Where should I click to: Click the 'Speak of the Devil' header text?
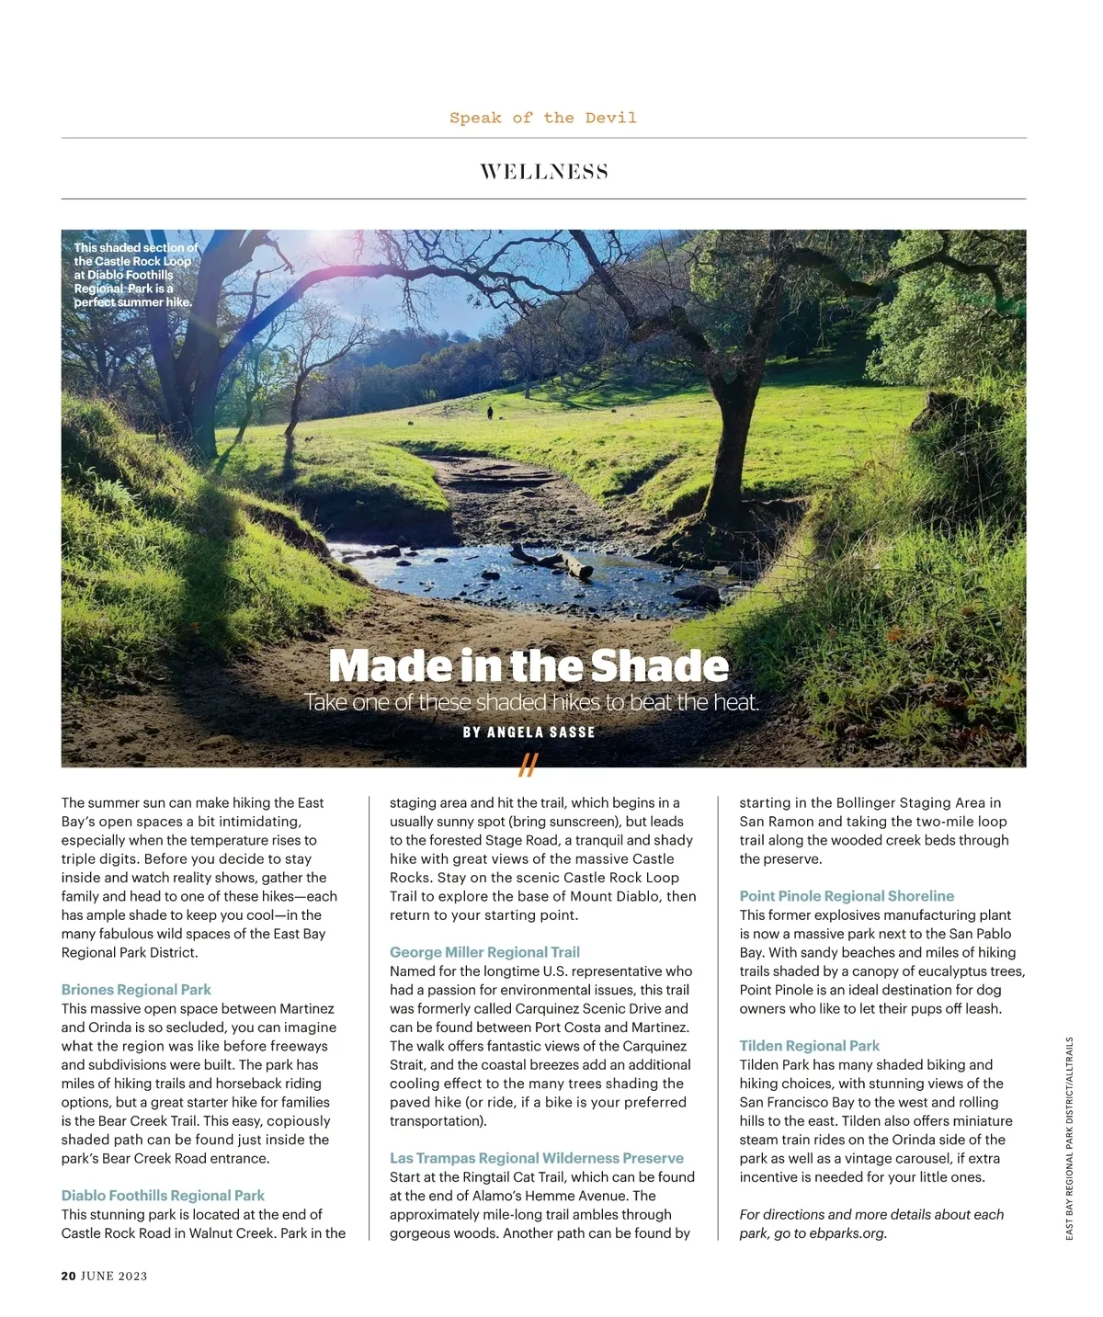click(542, 118)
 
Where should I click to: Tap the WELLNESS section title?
click(543, 172)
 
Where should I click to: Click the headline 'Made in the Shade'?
click(529, 665)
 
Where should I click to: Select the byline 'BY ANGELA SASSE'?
click(529, 732)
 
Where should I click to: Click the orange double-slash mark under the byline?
click(528, 765)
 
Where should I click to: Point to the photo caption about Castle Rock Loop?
click(134, 275)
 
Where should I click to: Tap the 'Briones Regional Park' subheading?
click(136, 990)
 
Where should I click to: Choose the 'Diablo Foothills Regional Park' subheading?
click(163, 1196)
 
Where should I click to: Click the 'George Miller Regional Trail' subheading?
click(484, 952)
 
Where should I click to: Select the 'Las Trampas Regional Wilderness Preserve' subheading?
click(537, 1158)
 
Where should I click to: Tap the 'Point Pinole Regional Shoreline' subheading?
click(847, 896)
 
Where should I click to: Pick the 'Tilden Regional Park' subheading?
click(809, 1046)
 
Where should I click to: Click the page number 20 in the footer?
click(68, 1276)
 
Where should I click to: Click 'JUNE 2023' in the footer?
click(114, 1276)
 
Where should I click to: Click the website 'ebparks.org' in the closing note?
click(847, 1233)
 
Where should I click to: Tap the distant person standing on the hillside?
click(490, 413)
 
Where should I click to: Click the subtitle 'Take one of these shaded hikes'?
click(532, 703)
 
